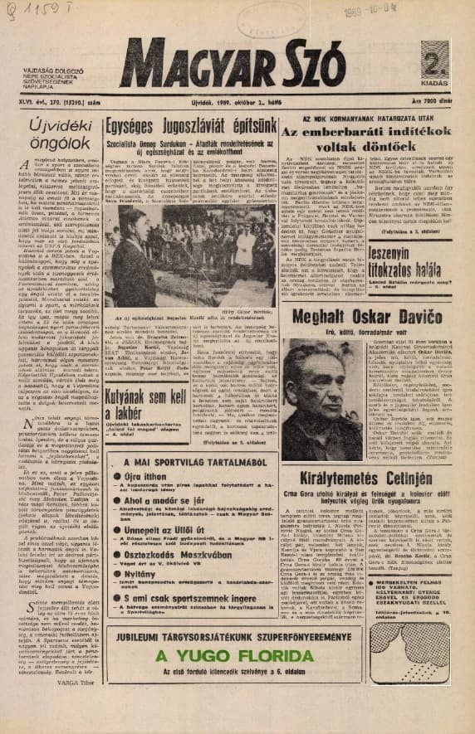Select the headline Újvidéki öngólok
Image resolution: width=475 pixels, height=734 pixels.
[x=51, y=138]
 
